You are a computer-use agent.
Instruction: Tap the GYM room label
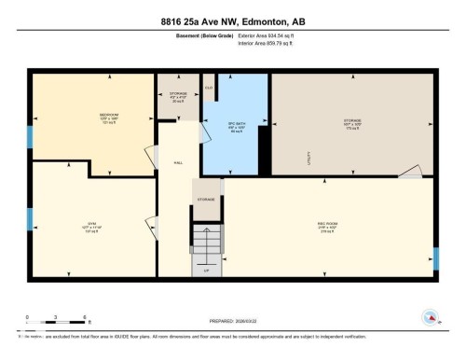click(91, 224)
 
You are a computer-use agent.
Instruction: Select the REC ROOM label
click(327, 225)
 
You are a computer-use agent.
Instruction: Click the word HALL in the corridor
click(178, 162)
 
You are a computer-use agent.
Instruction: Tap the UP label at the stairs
click(206, 270)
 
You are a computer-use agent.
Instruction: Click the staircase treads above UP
click(207, 244)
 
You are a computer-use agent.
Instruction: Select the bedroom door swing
click(149, 153)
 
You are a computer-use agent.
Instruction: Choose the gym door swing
click(150, 226)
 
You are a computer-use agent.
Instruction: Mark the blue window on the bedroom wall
click(29, 136)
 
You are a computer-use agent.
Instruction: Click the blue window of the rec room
click(435, 258)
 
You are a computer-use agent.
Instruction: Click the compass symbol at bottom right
click(430, 317)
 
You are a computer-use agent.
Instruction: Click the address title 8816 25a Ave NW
click(233, 21)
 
